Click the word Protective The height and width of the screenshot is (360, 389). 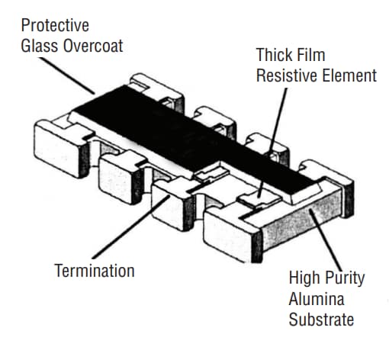click(56, 26)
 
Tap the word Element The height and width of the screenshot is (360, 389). click(350, 76)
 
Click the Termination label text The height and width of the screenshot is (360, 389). click(95, 271)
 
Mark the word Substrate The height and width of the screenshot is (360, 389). click(320, 319)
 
